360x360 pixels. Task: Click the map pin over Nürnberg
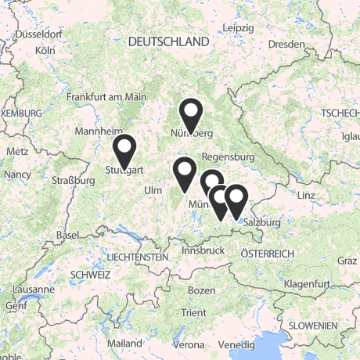pyautogui.click(x=190, y=114)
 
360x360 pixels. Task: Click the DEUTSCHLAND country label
pyautogui.click(x=170, y=41)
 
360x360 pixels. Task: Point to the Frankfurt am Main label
pyautogui.click(x=106, y=97)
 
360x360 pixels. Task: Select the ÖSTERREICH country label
pyautogui.click(x=267, y=254)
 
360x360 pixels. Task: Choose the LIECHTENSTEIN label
pyautogui.click(x=138, y=257)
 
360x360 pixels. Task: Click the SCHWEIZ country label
pyautogui.click(x=90, y=275)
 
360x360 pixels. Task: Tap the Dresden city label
pyautogui.click(x=286, y=45)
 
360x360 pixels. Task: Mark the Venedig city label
pyautogui.click(x=236, y=344)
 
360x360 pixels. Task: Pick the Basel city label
pyautogui.click(x=68, y=236)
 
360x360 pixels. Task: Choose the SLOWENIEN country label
pyautogui.click(x=311, y=325)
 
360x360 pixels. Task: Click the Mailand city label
pyautogui.click(x=126, y=344)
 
